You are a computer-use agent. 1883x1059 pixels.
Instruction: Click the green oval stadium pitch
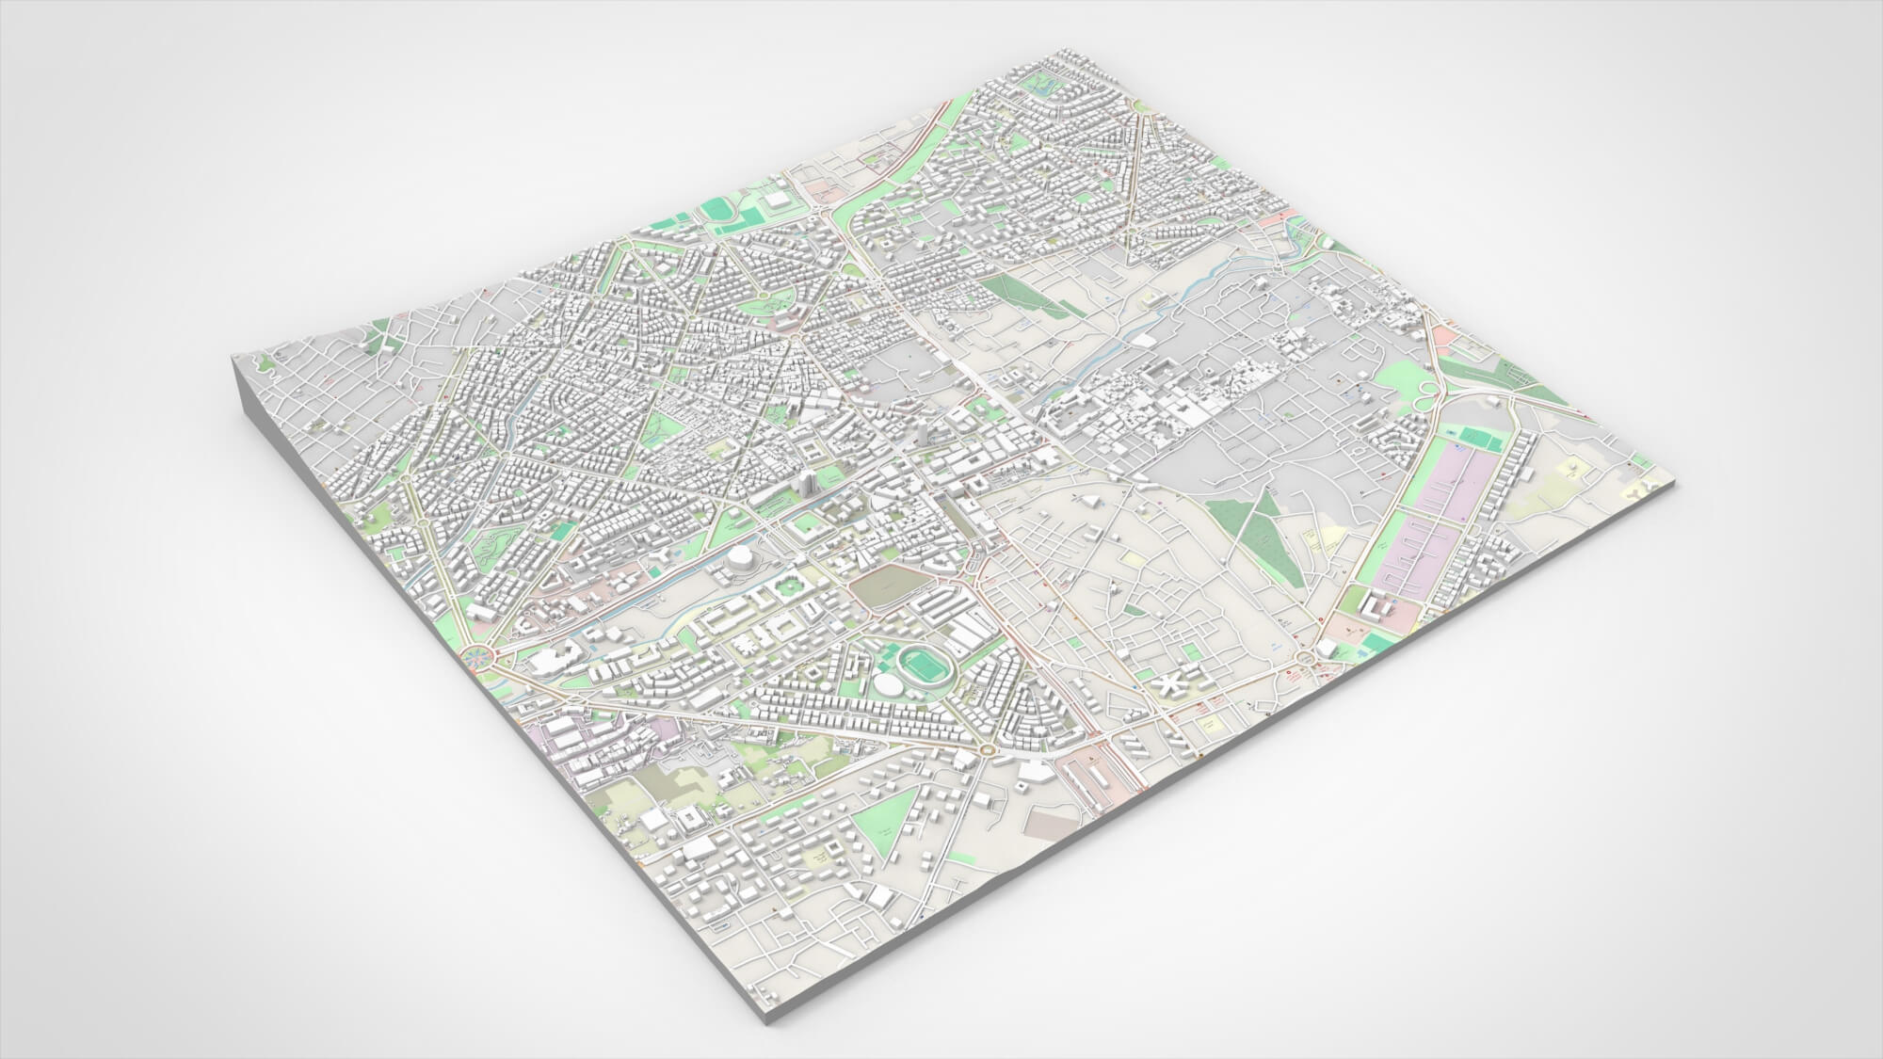click(x=920, y=665)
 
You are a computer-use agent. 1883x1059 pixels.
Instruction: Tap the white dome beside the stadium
click(x=887, y=683)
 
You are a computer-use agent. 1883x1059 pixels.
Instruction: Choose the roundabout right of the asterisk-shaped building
click(x=1304, y=658)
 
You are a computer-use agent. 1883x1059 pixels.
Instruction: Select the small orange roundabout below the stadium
click(x=986, y=749)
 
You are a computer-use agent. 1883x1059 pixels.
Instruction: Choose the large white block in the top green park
click(x=778, y=201)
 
